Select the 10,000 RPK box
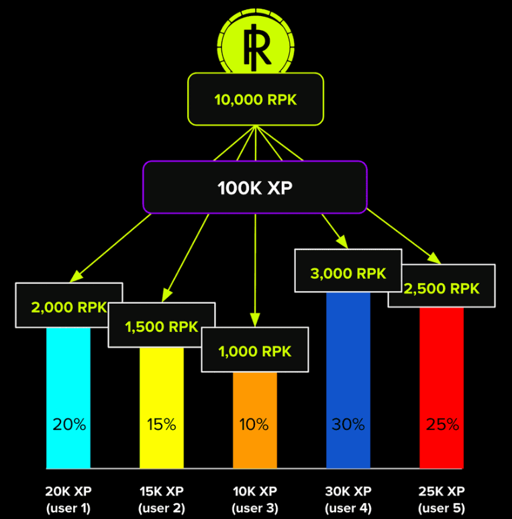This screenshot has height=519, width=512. (256, 99)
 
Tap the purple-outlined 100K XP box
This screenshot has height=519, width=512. (255, 187)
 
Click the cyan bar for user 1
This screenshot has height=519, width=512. (68, 398)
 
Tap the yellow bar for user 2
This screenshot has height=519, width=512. (162, 408)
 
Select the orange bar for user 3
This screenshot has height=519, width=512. (255, 420)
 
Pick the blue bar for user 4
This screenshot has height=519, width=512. (348, 381)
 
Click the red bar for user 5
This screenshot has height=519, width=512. (442, 388)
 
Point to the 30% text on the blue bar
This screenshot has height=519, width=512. (348, 424)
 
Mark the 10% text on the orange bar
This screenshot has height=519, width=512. (254, 424)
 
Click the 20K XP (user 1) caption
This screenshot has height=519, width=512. (68, 500)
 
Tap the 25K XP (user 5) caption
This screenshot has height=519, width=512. (442, 500)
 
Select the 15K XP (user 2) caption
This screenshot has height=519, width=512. (162, 500)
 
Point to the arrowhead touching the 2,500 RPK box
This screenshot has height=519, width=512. (435, 258)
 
